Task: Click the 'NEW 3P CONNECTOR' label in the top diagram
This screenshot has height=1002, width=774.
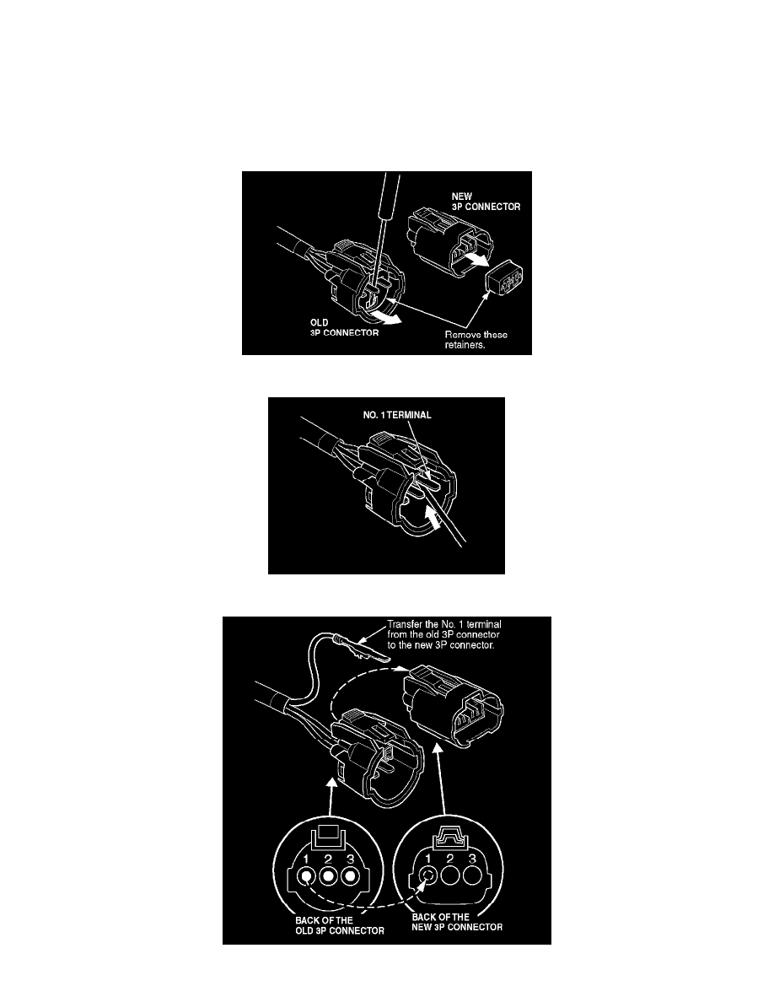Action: [x=486, y=202]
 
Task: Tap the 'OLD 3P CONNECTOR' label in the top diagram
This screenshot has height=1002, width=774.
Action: [x=344, y=328]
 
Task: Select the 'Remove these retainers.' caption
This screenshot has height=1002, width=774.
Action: [x=476, y=340]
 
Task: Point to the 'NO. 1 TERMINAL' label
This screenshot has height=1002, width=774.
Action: [x=397, y=415]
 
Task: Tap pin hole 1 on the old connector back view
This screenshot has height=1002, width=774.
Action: [x=307, y=875]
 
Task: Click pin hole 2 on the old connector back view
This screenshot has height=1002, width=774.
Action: [x=328, y=875]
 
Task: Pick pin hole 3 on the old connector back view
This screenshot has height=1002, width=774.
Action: [x=349, y=875]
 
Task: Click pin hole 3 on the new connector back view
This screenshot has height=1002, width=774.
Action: [x=472, y=875]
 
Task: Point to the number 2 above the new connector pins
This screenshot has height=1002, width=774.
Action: [x=450, y=859]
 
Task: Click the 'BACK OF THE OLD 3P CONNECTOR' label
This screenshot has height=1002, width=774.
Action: [x=340, y=926]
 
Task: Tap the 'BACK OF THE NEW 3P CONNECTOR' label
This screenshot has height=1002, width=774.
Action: [x=457, y=922]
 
